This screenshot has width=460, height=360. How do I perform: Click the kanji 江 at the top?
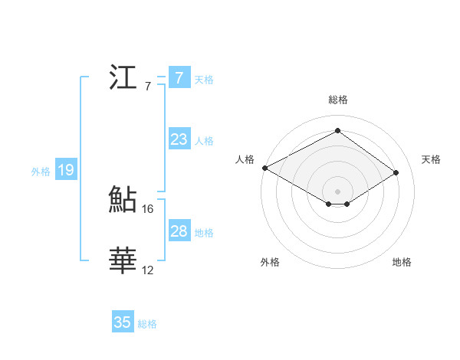[123, 78]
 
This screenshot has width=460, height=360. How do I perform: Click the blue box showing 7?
[179, 78]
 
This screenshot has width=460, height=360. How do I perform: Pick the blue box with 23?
[179, 139]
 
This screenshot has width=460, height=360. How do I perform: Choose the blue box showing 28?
[179, 231]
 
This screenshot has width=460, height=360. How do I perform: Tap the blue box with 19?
[66, 170]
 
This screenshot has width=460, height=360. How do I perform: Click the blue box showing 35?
[123, 322]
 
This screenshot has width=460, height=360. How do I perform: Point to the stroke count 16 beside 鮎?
[148, 208]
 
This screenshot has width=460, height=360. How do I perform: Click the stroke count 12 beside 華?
[148, 270]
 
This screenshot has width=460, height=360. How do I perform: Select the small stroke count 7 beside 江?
[147, 86]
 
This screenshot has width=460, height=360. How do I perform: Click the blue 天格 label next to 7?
[204, 79]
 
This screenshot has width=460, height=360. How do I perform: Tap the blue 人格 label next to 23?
[204, 141]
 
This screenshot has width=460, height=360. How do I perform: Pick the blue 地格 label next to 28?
[204, 233]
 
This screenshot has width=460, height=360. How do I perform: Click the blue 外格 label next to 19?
[41, 172]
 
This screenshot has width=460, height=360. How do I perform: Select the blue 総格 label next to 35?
[147, 324]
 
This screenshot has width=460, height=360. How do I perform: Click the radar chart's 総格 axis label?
[337, 100]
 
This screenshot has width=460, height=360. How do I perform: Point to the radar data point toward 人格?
[264, 168]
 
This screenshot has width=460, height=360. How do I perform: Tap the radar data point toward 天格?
[396, 172]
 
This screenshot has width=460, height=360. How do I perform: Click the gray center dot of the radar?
[337, 190]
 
